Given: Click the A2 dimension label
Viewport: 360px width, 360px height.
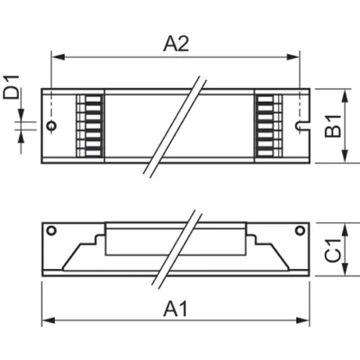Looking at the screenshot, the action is point(176,44).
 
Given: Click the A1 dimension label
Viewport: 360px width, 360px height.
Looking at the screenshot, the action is point(175,309).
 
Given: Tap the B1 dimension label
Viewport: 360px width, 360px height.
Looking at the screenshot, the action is point(333,126).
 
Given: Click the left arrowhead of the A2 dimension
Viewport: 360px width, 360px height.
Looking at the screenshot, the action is point(58,57).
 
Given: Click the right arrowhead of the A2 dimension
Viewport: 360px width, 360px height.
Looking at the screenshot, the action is point(293,57).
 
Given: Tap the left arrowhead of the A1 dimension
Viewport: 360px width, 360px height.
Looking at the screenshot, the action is point(49,320).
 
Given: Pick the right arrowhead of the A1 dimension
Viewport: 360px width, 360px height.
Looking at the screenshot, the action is point(303,320).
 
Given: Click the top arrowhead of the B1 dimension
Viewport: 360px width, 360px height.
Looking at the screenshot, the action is point(346,95).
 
